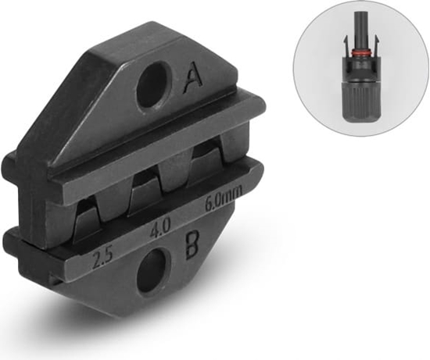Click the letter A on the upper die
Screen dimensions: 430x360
click(x=192, y=77)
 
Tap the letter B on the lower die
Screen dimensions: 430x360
click(x=192, y=245)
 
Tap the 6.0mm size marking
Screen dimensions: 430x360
click(x=224, y=197)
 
